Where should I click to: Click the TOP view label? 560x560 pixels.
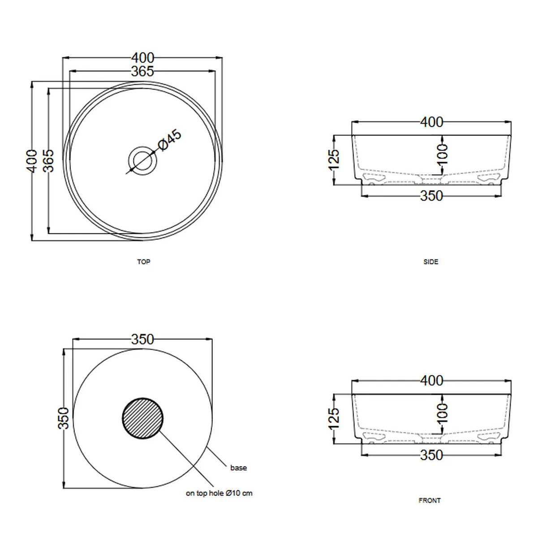click(143, 262)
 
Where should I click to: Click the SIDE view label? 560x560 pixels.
click(431, 262)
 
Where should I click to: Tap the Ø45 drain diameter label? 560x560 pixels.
click(169, 140)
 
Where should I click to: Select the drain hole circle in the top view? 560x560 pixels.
click(143, 146)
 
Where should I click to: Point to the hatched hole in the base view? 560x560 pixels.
click(143, 418)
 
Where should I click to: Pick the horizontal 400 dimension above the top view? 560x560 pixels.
click(143, 58)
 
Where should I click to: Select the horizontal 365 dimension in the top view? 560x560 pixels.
click(142, 71)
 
